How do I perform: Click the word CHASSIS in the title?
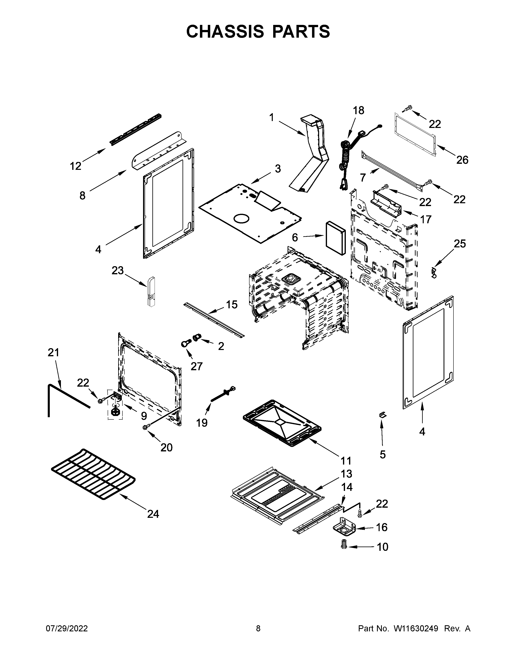[x=225, y=32]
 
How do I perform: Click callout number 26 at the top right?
[x=462, y=160]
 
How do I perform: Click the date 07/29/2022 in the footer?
[x=67, y=628]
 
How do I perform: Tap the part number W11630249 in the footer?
[x=416, y=628]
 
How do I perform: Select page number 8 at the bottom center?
[x=258, y=628]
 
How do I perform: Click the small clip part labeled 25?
[x=433, y=272]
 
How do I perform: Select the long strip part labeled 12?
[x=136, y=130]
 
